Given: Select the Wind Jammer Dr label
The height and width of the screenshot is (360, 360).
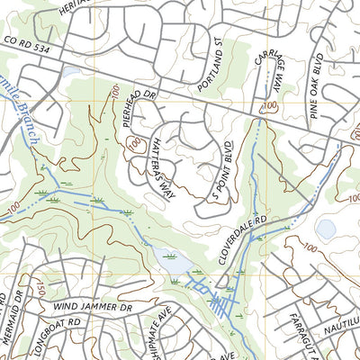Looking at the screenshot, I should (x=92, y=307).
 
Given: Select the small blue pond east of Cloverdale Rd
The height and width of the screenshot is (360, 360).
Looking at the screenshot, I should (x=327, y=229).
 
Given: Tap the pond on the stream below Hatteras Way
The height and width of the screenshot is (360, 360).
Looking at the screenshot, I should (x=171, y=262).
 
